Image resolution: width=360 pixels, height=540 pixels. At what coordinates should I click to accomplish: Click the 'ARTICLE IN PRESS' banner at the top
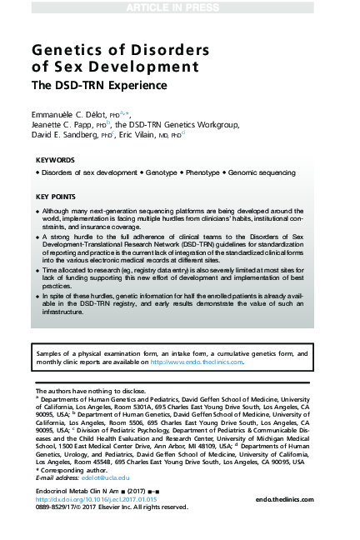(179, 7)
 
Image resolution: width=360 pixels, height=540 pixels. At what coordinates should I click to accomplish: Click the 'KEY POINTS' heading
(57, 197)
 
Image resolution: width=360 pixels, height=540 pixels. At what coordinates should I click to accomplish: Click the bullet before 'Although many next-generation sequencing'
(37, 212)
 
